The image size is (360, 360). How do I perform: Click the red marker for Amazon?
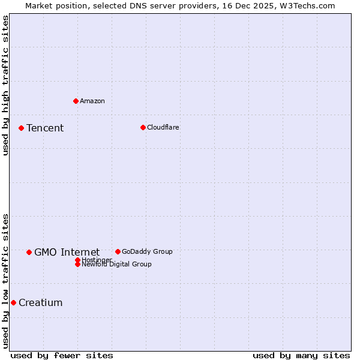76,101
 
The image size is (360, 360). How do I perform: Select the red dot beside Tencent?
21,128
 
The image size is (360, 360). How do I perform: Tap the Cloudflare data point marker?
143,127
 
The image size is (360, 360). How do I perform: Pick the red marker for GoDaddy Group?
118,251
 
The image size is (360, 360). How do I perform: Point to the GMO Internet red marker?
29,252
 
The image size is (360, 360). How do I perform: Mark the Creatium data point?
13,302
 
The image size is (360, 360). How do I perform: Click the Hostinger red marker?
77,260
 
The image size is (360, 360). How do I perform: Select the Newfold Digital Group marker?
77,265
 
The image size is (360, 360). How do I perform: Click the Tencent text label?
45,128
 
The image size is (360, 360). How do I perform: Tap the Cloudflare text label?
163,127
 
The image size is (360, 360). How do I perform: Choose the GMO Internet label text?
67,252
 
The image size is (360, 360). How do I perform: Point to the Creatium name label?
40,302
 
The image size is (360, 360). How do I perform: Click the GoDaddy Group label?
147,251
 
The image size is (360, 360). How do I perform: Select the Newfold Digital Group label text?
116,265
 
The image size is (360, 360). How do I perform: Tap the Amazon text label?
92,101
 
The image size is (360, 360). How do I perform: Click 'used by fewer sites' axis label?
62,355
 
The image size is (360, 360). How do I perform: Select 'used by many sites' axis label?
301,355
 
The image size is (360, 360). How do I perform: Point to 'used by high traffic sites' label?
5,85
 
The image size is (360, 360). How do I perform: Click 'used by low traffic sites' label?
5,280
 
